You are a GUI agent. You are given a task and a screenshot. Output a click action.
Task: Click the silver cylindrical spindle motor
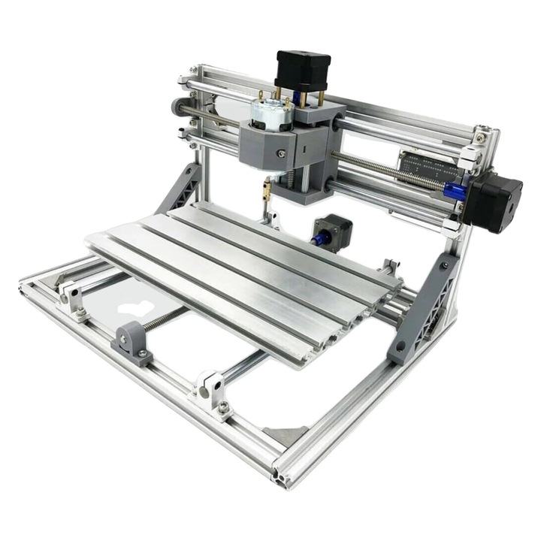(x=271, y=113)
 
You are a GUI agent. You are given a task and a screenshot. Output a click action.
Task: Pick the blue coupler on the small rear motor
(x=318, y=239)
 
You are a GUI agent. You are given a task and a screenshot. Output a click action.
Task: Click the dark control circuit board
(x=428, y=166)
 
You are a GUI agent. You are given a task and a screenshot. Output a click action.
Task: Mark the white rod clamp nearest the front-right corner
(x=211, y=391)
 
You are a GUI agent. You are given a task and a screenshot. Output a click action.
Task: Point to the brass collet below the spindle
(x=266, y=191)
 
